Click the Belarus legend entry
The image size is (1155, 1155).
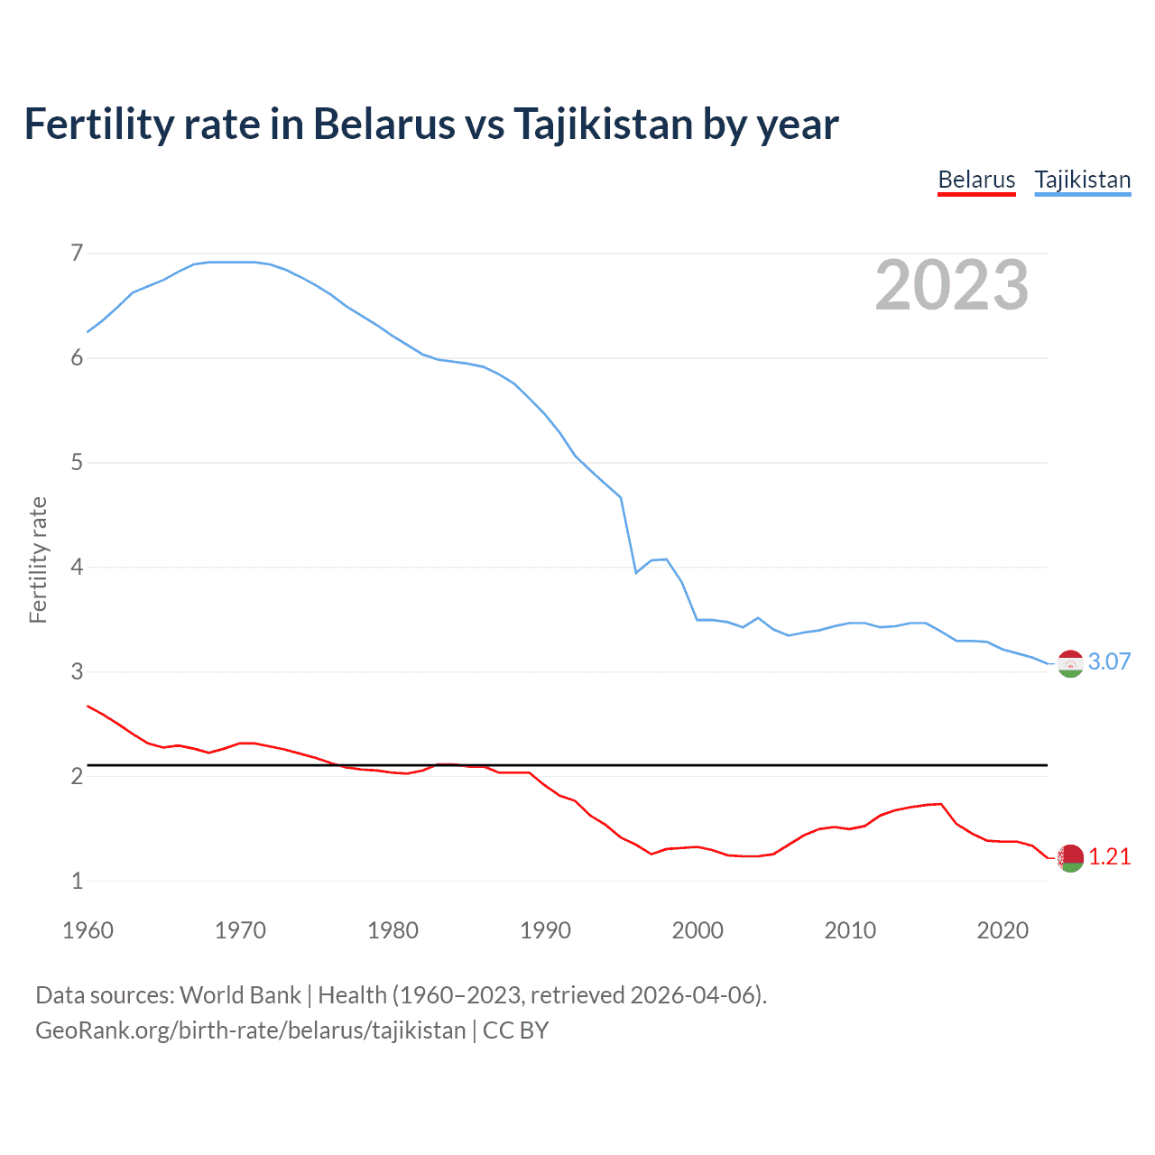pyautogui.click(x=976, y=180)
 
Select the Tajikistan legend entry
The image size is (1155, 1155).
pyautogui.click(x=1082, y=180)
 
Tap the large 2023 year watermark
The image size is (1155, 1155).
pyautogui.click(x=951, y=285)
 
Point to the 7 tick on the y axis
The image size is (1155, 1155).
pyautogui.click(x=77, y=254)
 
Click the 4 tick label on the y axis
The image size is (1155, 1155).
pyautogui.click(x=77, y=568)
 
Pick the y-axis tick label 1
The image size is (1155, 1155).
pyautogui.click(x=77, y=882)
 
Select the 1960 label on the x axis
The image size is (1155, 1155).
pyautogui.click(x=88, y=930)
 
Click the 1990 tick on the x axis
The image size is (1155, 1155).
pyautogui.click(x=545, y=930)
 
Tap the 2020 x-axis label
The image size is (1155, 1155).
pyautogui.click(x=1003, y=930)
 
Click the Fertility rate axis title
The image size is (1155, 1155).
pyautogui.click(x=38, y=559)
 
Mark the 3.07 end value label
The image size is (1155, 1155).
pyautogui.click(x=1109, y=661)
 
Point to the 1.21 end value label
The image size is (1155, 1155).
pyautogui.click(x=1109, y=856)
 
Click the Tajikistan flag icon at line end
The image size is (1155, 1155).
pyautogui.click(x=1070, y=664)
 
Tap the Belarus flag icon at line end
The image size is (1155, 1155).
pyautogui.click(x=1070, y=858)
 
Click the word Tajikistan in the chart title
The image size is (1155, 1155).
pyautogui.click(x=603, y=125)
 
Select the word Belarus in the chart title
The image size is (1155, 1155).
pyautogui.click(x=383, y=125)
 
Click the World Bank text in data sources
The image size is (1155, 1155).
pyautogui.click(x=240, y=995)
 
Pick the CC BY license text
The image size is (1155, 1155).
pyautogui.click(x=515, y=1030)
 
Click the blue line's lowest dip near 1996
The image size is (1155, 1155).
pyautogui.click(x=636, y=573)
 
